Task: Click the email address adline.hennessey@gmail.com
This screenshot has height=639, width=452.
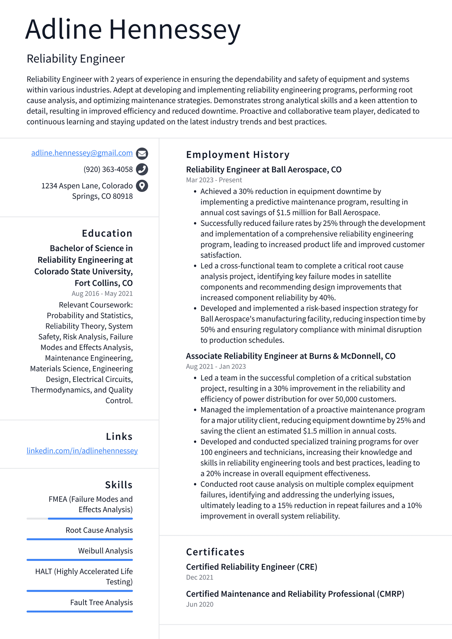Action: [x=82, y=153]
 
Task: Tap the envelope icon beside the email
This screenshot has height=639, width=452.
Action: [x=142, y=154]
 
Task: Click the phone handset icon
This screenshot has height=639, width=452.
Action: [x=142, y=169]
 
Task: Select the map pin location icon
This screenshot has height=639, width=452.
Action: [x=142, y=186]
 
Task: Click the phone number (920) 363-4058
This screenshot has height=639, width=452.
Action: [x=108, y=169]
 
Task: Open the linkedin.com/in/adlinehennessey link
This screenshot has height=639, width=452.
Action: [x=82, y=451]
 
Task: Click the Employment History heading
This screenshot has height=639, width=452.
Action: [x=238, y=155]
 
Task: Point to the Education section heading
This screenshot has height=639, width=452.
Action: [x=107, y=233]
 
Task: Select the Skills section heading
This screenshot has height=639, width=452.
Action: [x=118, y=485]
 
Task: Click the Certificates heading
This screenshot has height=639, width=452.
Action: [x=215, y=552]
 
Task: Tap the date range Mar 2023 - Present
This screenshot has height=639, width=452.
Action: [x=214, y=180]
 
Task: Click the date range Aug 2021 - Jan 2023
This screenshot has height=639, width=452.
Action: [x=216, y=366]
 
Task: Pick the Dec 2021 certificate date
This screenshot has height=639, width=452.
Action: [x=200, y=577]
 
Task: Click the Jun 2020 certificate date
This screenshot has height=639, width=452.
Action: [x=200, y=604]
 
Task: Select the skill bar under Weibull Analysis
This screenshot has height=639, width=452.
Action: [x=80, y=560]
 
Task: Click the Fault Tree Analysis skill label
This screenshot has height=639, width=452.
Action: [x=101, y=602]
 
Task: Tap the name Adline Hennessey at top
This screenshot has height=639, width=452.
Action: [x=133, y=30]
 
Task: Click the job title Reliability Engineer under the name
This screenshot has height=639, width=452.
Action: [x=76, y=59]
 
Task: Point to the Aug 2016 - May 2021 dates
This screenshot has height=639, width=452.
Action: [x=102, y=294]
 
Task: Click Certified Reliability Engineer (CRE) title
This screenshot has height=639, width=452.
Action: [x=251, y=567]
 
